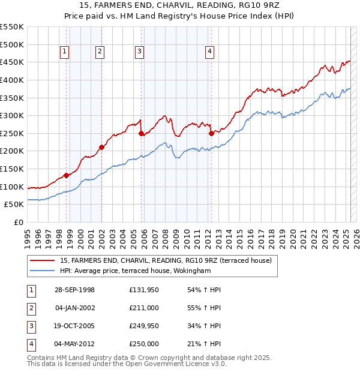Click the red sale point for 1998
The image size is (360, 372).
[66, 175]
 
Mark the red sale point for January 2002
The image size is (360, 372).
[101, 147]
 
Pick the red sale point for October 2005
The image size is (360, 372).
[141, 134]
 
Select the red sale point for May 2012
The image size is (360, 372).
[211, 134]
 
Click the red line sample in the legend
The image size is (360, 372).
[43, 260]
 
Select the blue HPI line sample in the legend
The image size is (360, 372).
[43, 271]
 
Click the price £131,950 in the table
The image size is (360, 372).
[143, 290]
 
